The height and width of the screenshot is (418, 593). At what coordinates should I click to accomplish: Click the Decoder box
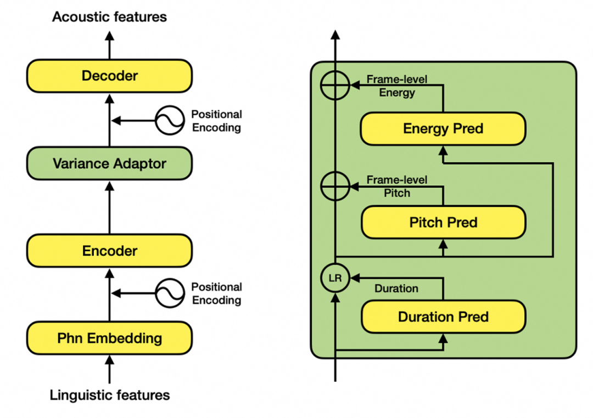click(109, 76)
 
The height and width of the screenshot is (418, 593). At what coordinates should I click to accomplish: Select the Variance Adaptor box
click(109, 163)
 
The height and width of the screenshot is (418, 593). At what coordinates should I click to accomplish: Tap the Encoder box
click(109, 251)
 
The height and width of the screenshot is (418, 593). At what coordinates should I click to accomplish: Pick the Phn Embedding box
click(109, 338)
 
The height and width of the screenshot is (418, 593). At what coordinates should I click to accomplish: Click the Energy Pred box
click(443, 129)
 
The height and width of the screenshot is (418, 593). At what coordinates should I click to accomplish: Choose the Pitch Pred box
click(443, 222)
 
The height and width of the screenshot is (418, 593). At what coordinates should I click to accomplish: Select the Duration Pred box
click(443, 317)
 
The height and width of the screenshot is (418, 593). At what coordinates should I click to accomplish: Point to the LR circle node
click(335, 278)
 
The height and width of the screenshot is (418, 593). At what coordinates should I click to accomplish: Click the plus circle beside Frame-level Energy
click(335, 86)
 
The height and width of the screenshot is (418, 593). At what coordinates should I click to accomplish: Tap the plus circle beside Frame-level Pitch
click(335, 187)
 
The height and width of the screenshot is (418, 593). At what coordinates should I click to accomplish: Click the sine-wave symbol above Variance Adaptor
click(169, 121)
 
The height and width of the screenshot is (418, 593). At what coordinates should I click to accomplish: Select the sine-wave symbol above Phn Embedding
click(169, 293)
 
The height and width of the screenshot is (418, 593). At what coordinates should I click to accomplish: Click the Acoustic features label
click(109, 17)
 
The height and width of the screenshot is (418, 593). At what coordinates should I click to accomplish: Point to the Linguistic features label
click(109, 395)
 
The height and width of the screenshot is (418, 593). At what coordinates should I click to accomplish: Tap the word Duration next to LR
click(396, 289)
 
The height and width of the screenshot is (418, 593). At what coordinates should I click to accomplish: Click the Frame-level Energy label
click(396, 86)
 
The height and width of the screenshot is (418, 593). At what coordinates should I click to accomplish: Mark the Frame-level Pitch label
click(396, 187)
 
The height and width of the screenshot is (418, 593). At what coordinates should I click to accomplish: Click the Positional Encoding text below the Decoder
click(216, 121)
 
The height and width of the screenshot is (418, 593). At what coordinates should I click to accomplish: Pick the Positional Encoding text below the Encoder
click(216, 293)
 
